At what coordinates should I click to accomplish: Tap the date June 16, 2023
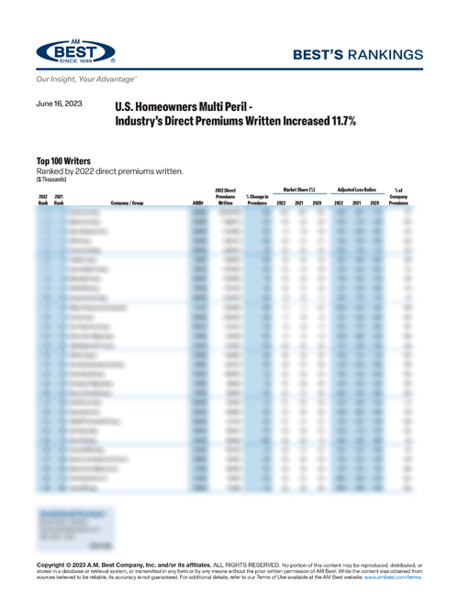(59, 105)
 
